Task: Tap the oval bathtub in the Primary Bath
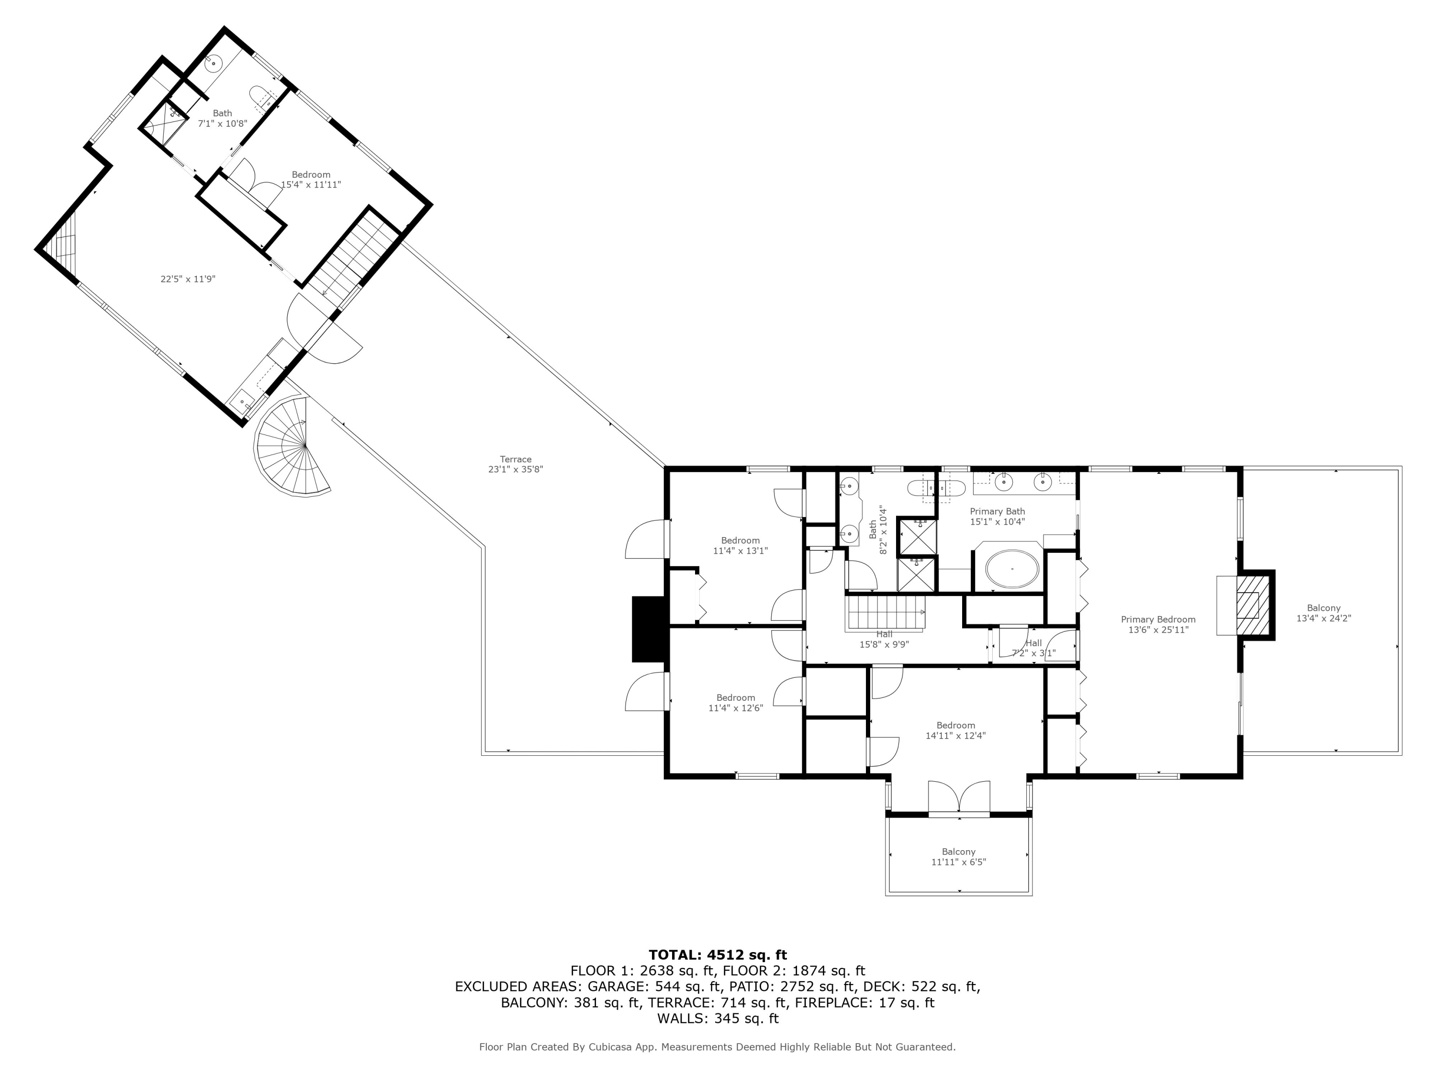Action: [x=1011, y=569]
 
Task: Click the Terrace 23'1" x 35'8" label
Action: [x=516, y=464]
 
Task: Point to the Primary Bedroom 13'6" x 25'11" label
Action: [x=1158, y=625]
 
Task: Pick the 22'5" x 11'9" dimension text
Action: [x=188, y=279]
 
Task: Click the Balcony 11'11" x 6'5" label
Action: [x=958, y=857]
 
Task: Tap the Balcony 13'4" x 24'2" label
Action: [x=1324, y=613]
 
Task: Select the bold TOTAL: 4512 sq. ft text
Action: [x=718, y=955]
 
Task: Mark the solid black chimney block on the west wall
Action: [x=649, y=629]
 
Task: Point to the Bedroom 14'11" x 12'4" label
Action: [x=955, y=730]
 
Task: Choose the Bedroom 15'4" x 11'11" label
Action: [x=311, y=179]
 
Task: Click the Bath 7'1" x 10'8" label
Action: [x=222, y=118]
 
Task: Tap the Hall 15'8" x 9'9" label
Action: [x=884, y=639]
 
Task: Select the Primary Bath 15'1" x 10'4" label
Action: [x=997, y=516]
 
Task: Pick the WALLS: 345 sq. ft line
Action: [x=718, y=1019]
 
